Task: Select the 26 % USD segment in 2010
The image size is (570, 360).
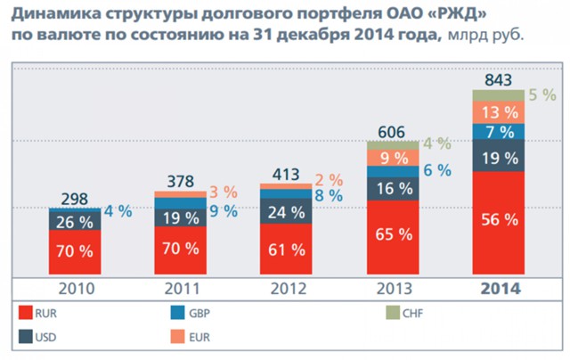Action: click(x=75, y=221)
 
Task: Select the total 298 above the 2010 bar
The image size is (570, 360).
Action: click(x=75, y=199)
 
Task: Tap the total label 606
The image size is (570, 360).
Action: click(x=393, y=131)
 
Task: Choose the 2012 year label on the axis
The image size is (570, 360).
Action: click(x=286, y=289)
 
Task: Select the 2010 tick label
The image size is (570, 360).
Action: click(x=75, y=289)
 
